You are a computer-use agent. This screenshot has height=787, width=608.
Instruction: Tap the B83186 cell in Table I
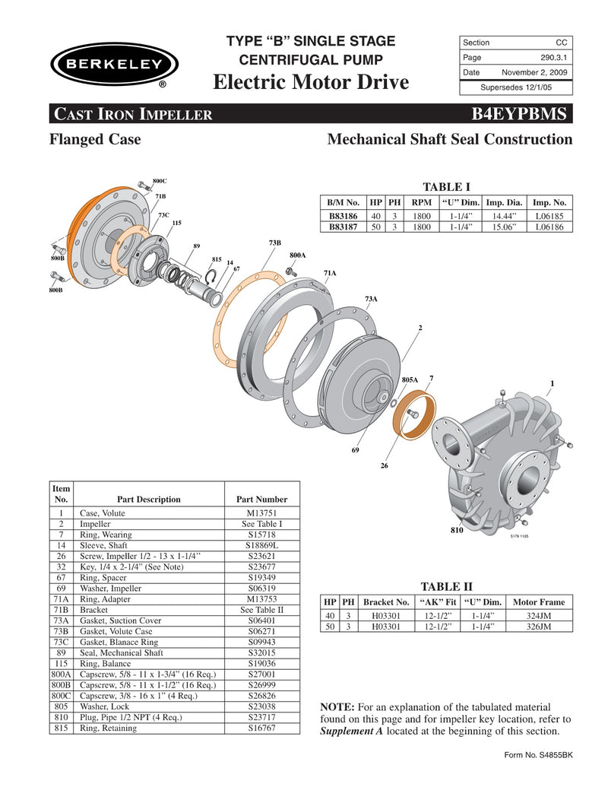click(343, 216)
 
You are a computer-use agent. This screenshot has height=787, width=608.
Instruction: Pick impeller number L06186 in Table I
click(549, 227)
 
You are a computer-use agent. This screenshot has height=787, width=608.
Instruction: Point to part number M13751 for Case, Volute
click(261, 514)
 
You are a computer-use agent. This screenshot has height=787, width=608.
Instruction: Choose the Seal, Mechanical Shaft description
click(122, 652)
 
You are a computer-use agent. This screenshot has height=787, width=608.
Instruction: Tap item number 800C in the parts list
click(61, 696)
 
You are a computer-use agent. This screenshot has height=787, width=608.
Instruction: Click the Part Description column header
click(148, 500)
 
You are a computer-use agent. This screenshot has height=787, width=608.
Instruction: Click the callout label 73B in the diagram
click(274, 242)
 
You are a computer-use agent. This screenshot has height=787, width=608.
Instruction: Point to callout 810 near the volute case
click(456, 530)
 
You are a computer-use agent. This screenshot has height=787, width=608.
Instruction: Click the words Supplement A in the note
click(353, 731)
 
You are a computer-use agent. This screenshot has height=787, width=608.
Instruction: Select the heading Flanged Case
click(94, 139)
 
